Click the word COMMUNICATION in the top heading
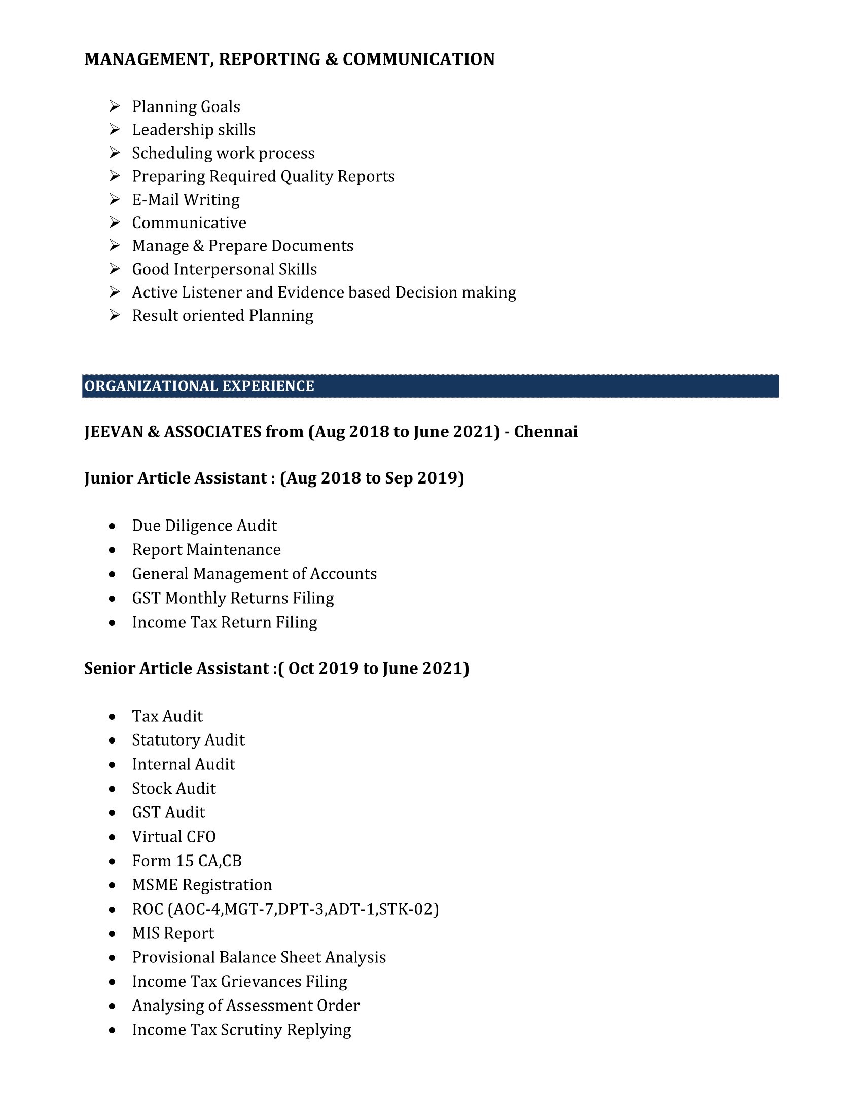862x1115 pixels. pos(418,59)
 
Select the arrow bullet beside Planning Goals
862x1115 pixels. pos(115,106)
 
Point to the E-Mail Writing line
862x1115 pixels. pos(186,200)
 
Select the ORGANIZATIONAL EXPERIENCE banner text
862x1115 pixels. pos(199,386)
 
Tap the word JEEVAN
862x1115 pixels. pos(114,432)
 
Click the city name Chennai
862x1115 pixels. pos(546,432)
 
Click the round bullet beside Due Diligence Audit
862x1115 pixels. pos(113,526)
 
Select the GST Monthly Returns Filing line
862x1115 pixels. pos(233,598)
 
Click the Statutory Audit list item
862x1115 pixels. pos(188,740)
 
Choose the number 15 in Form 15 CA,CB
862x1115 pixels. pos(185,861)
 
